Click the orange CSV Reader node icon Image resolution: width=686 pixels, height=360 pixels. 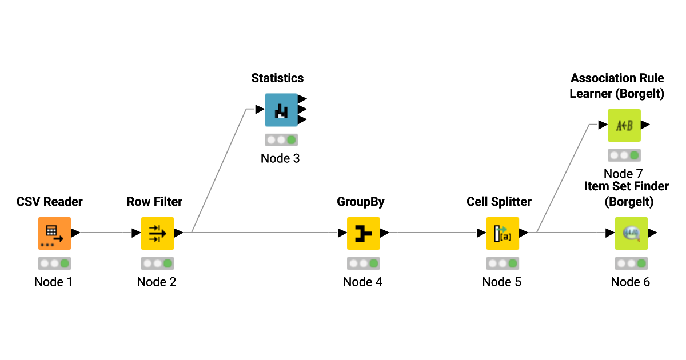click(x=54, y=233)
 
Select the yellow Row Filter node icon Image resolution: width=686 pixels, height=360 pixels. click(x=157, y=233)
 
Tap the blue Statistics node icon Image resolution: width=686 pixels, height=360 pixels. click(x=281, y=110)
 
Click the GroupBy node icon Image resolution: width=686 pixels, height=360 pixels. click(x=363, y=233)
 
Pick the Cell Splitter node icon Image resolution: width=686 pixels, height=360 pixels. click(x=502, y=233)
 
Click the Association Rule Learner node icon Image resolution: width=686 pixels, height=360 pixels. click(x=624, y=125)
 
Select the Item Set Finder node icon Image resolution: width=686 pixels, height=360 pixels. click(x=631, y=233)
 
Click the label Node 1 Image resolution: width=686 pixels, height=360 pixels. click(x=53, y=282)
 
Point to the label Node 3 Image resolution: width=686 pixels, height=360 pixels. click(x=280, y=158)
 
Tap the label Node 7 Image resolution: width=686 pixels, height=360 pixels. click(x=623, y=174)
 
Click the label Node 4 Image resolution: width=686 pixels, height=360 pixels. click(x=362, y=282)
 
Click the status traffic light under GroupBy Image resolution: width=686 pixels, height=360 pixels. click(x=363, y=263)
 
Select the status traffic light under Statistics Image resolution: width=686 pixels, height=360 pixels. click(x=281, y=140)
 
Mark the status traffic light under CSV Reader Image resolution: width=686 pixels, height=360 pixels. click(x=54, y=263)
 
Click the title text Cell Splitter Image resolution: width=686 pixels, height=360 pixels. click(x=498, y=202)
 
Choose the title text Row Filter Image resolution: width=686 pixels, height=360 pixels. click(x=154, y=202)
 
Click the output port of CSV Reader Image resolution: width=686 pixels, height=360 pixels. click(x=75, y=233)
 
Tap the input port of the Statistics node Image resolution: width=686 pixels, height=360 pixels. click(x=260, y=110)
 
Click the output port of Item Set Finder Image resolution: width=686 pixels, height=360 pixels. click(x=652, y=233)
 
